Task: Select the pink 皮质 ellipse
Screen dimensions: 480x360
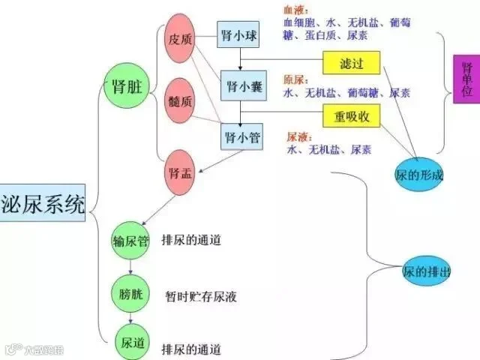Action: [181, 39]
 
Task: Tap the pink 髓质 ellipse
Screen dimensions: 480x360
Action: [181, 99]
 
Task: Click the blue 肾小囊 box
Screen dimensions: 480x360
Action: [241, 86]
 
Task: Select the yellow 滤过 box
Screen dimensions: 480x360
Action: [351, 64]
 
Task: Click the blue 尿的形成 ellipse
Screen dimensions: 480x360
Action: [418, 175]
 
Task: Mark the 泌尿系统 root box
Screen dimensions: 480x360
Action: [43, 203]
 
